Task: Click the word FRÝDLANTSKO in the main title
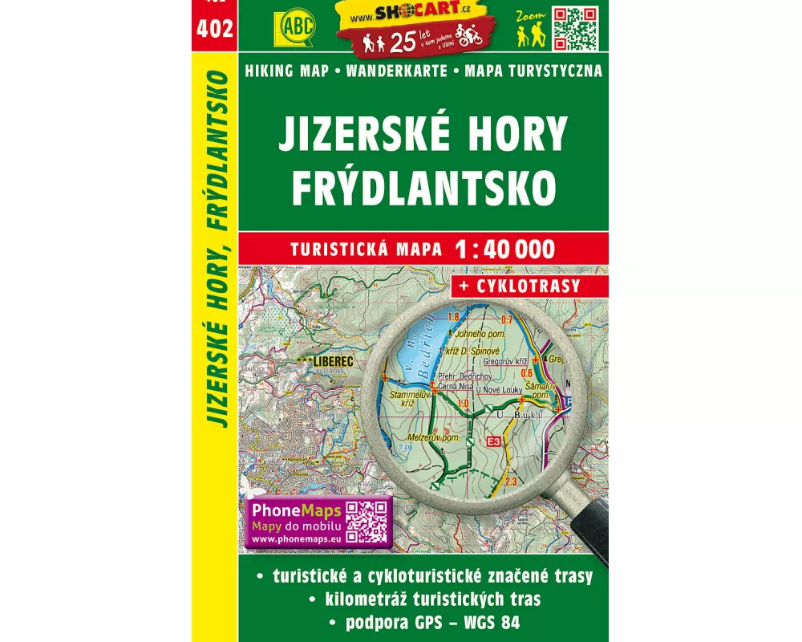click(x=423, y=186)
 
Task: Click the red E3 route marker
click(x=494, y=441)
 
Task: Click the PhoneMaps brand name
click(x=298, y=511)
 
